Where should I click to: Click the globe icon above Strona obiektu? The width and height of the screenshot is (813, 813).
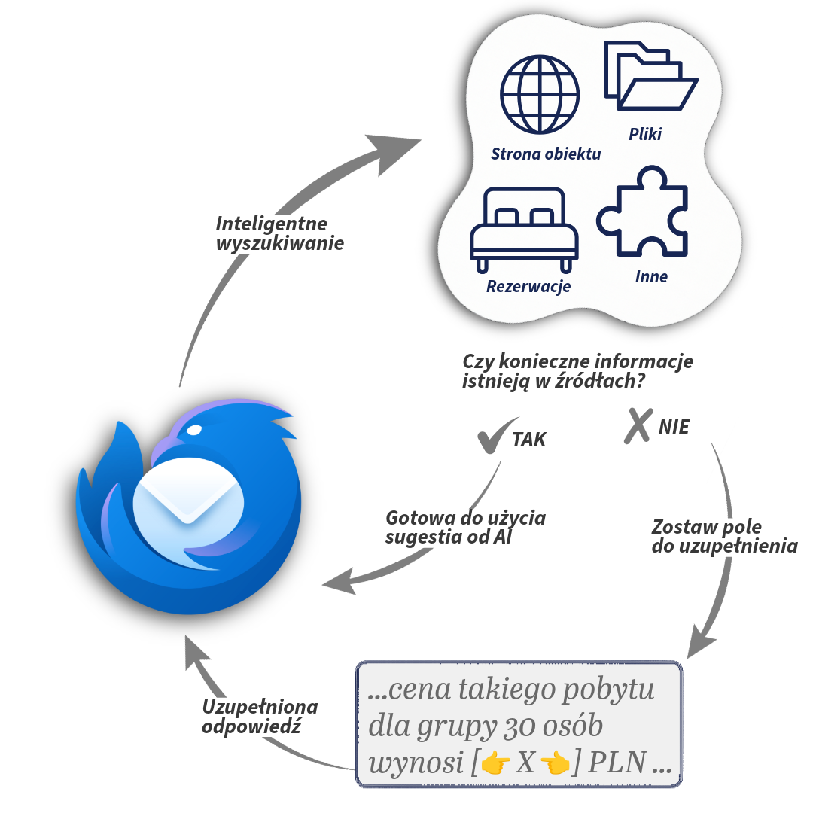click(540, 94)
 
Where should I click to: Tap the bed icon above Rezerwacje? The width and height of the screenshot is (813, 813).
click(524, 229)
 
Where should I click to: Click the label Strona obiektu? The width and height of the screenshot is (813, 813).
click(546, 154)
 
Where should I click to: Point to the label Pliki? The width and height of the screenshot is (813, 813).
click(645, 135)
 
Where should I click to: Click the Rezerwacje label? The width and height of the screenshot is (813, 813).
click(528, 286)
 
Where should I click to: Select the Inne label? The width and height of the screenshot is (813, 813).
click(651, 276)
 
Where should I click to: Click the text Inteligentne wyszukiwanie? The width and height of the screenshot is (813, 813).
click(279, 234)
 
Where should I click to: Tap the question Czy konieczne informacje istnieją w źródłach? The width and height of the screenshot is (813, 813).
click(577, 372)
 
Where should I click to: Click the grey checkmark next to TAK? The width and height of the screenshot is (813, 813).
click(496, 436)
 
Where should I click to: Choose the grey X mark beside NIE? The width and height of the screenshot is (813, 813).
click(638, 425)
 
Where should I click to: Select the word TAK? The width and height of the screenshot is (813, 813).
click(529, 440)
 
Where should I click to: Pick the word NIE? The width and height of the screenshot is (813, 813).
click(674, 428)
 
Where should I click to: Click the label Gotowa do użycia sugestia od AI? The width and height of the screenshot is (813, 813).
click(465, 528)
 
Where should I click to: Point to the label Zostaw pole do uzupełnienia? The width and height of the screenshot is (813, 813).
click(723, 537)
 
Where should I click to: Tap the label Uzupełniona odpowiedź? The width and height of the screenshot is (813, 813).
click(260, 717)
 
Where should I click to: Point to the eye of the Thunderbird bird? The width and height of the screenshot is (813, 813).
click(194, 431)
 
